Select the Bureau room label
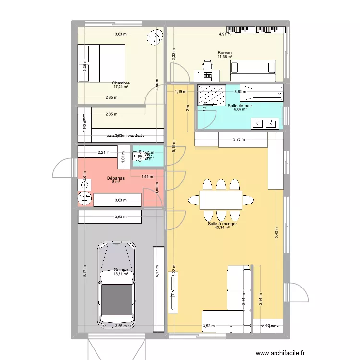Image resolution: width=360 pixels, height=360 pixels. coord(225,52)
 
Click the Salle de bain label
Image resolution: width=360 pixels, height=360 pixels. coord(240,105)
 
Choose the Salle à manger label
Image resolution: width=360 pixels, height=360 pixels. coord(223,223)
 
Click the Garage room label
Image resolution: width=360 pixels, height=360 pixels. coord(121,270)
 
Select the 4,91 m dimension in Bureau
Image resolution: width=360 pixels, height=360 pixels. coord(225,34)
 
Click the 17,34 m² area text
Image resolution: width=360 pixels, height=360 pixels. coord(121,87)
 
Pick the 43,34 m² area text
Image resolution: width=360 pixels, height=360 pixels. coord(223,228)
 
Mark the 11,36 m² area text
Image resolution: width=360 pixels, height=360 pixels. coord(225,57)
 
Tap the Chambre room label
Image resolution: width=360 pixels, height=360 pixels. coord(121,83)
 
